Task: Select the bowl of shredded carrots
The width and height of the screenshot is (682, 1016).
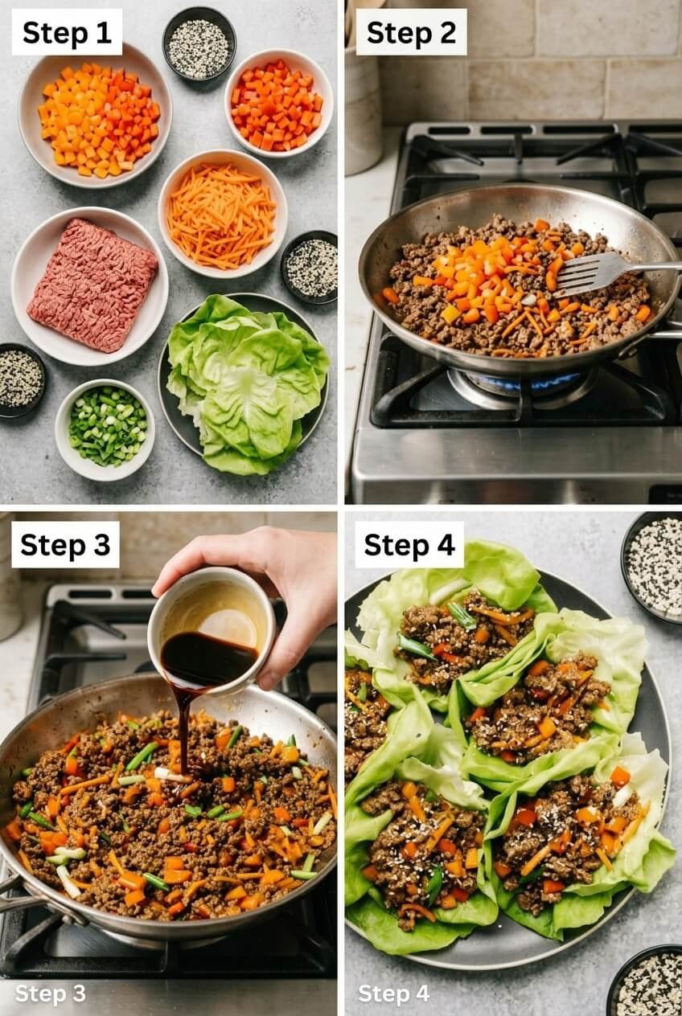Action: click(222, 214)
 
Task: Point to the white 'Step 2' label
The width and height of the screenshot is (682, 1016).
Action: click(411, 32)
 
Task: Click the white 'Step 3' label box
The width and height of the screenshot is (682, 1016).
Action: click(65, 544)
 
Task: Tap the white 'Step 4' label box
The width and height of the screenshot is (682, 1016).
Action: click(409, 544)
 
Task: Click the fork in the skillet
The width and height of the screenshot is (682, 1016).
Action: click(603, 272)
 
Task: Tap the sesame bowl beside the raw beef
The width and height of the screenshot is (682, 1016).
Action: click(19, 380)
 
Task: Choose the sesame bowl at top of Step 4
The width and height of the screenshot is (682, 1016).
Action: click(653, 565)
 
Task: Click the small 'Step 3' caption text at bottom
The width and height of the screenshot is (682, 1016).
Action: click(50, 993)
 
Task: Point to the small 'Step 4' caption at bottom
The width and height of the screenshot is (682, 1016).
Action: click(393, 993)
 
